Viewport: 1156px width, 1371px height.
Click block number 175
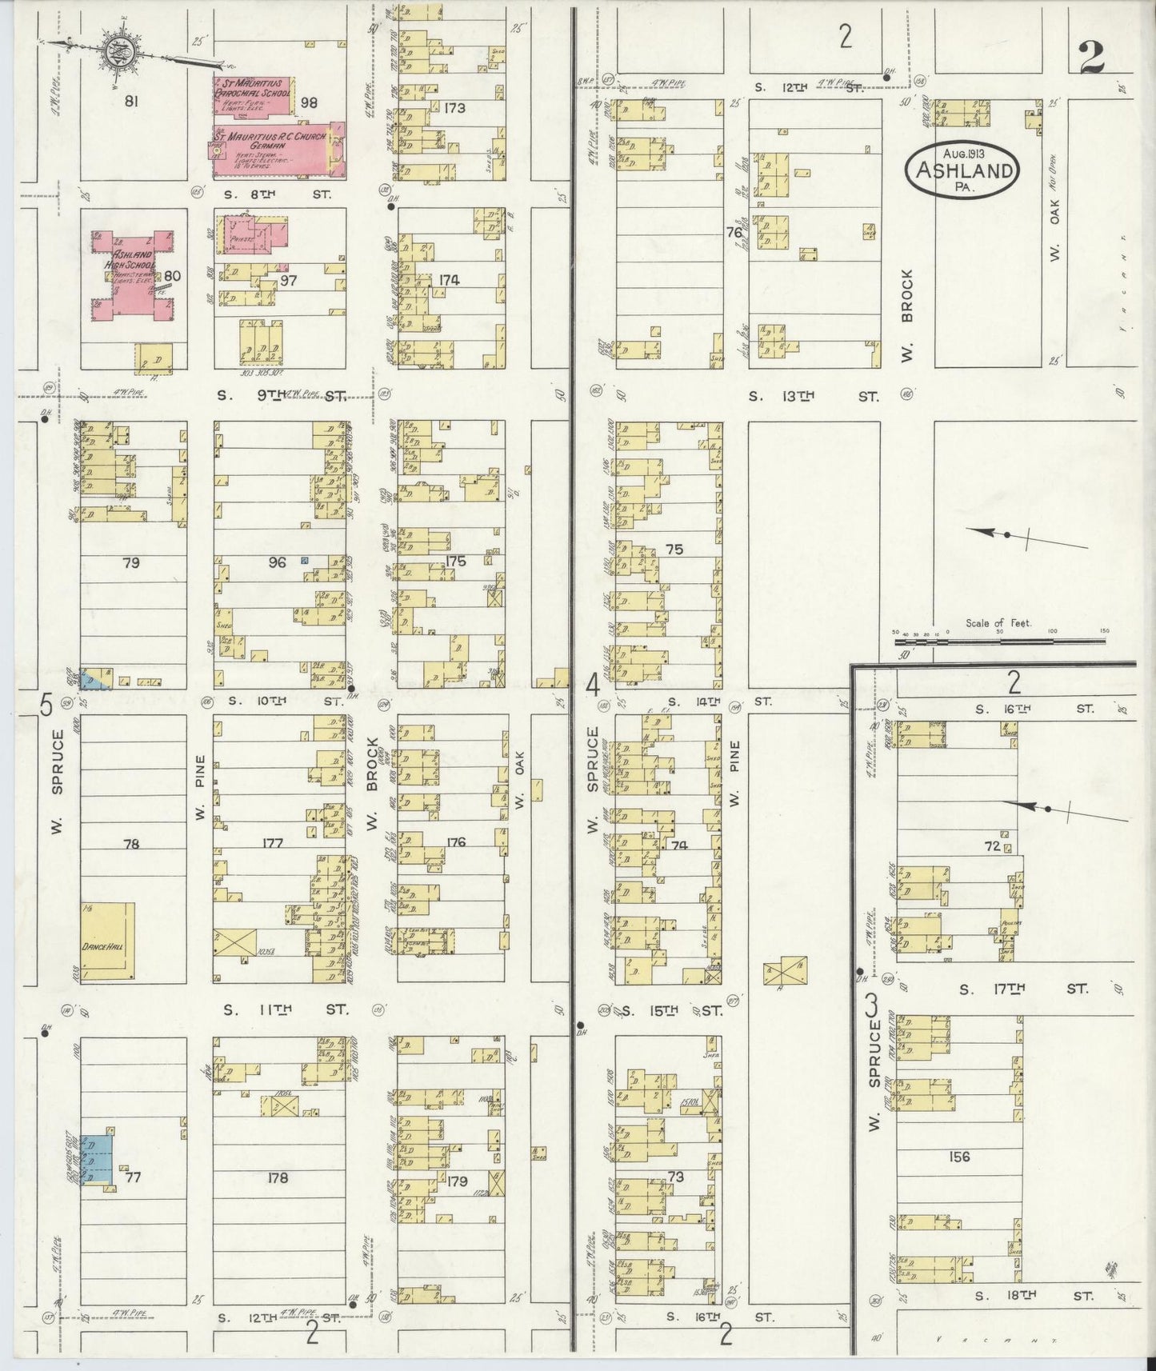click(455, 562)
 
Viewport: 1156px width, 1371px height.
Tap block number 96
click(277, 562)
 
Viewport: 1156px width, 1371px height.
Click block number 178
click(278, 1177)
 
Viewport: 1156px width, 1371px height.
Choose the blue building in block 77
click(98, 1161)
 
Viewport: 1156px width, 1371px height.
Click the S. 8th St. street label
click(276, 194)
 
